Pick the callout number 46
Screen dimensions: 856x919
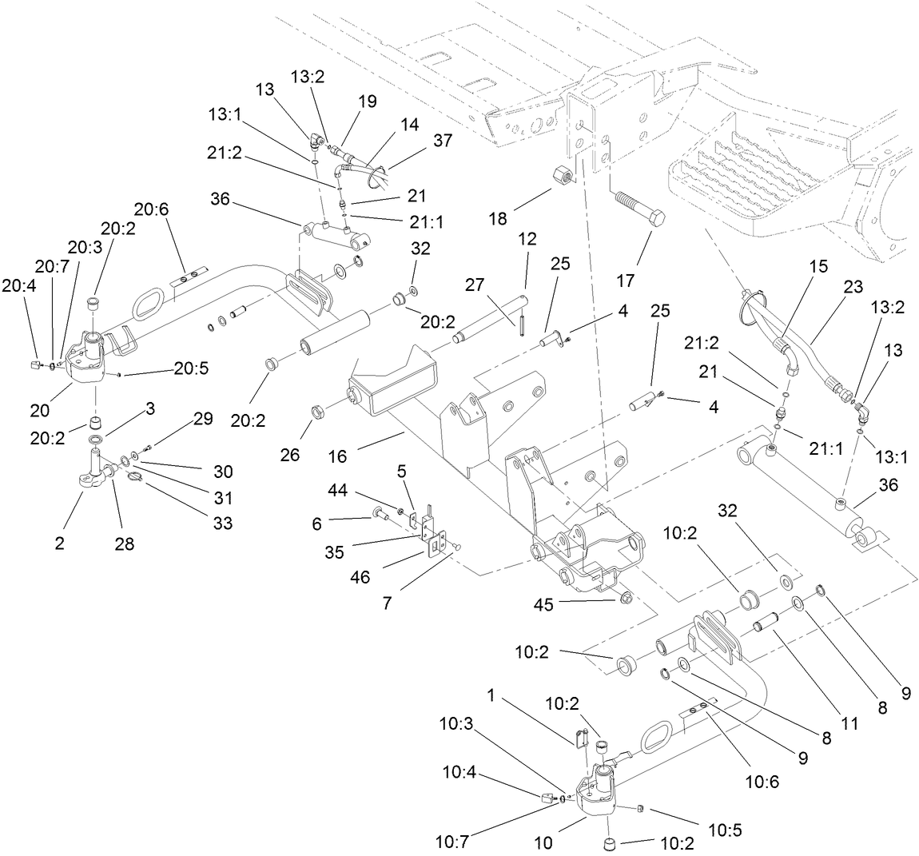[360, 577]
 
